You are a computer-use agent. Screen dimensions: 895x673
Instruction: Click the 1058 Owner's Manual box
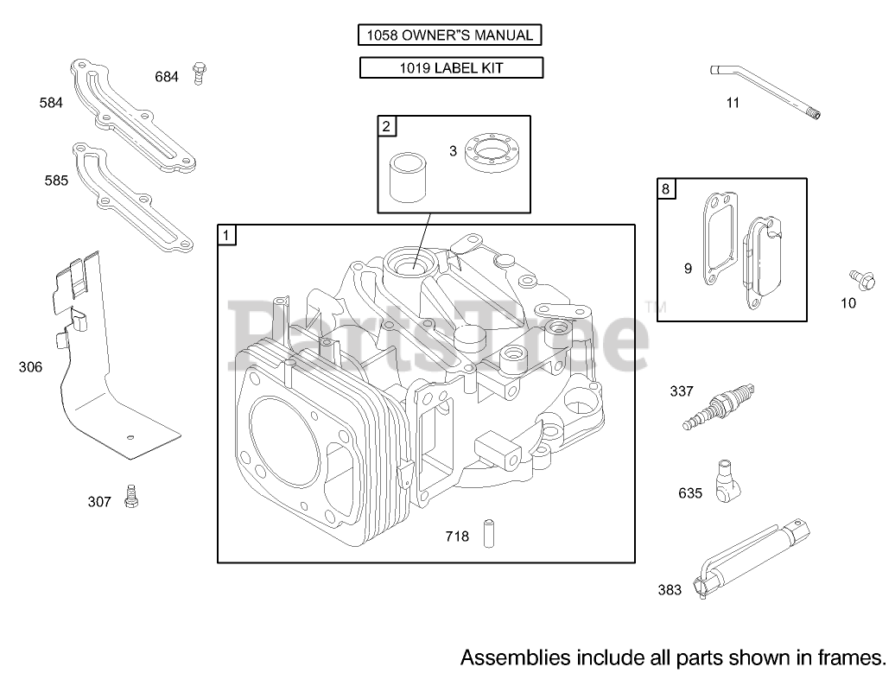click(x=449, y=35)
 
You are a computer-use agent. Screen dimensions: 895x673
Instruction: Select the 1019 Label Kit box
click(x=451, y=68)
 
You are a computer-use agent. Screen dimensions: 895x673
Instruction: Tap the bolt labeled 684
click(x=199, y=73)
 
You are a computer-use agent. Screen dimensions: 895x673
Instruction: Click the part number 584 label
click(x=51, y=103)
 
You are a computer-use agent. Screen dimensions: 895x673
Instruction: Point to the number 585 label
click(x=56, y=181)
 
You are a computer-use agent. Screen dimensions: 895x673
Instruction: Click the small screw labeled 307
click(x=132, y=496)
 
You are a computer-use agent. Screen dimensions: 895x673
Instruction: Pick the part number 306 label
click(x=30, y=367)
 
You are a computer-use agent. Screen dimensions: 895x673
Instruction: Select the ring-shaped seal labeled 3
click(x=491, y=151)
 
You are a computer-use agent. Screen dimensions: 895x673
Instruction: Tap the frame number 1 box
click(x=226, y=235)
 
